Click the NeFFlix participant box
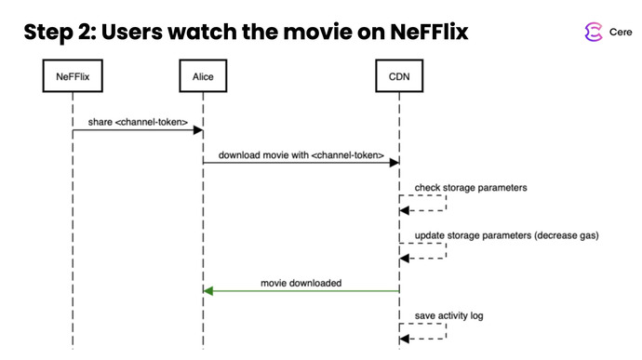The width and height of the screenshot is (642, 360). [x=72, y=76]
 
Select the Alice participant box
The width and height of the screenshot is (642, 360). [x=203, y=76]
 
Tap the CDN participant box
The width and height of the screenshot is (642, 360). [x=399, y=76]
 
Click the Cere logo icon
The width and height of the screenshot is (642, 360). [x=592, y=33]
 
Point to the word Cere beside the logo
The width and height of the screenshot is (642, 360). [x=621, y=33]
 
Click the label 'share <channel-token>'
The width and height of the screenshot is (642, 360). [x=138, y=122]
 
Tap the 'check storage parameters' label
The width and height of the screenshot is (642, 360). [x=470, y=187]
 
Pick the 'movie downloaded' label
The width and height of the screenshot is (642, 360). [x=301, y=282]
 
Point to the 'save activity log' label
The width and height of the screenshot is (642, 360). [x=448, y=315]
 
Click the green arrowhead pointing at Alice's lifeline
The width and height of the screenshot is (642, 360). [x=209, y=291]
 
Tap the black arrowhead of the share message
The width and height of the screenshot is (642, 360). [x=197, y=131]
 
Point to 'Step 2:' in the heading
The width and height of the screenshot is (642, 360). [x=59, y=33]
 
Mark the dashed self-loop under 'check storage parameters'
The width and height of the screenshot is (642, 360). [x=423, y=204]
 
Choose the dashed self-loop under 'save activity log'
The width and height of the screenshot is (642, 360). [x=423, y=333]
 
